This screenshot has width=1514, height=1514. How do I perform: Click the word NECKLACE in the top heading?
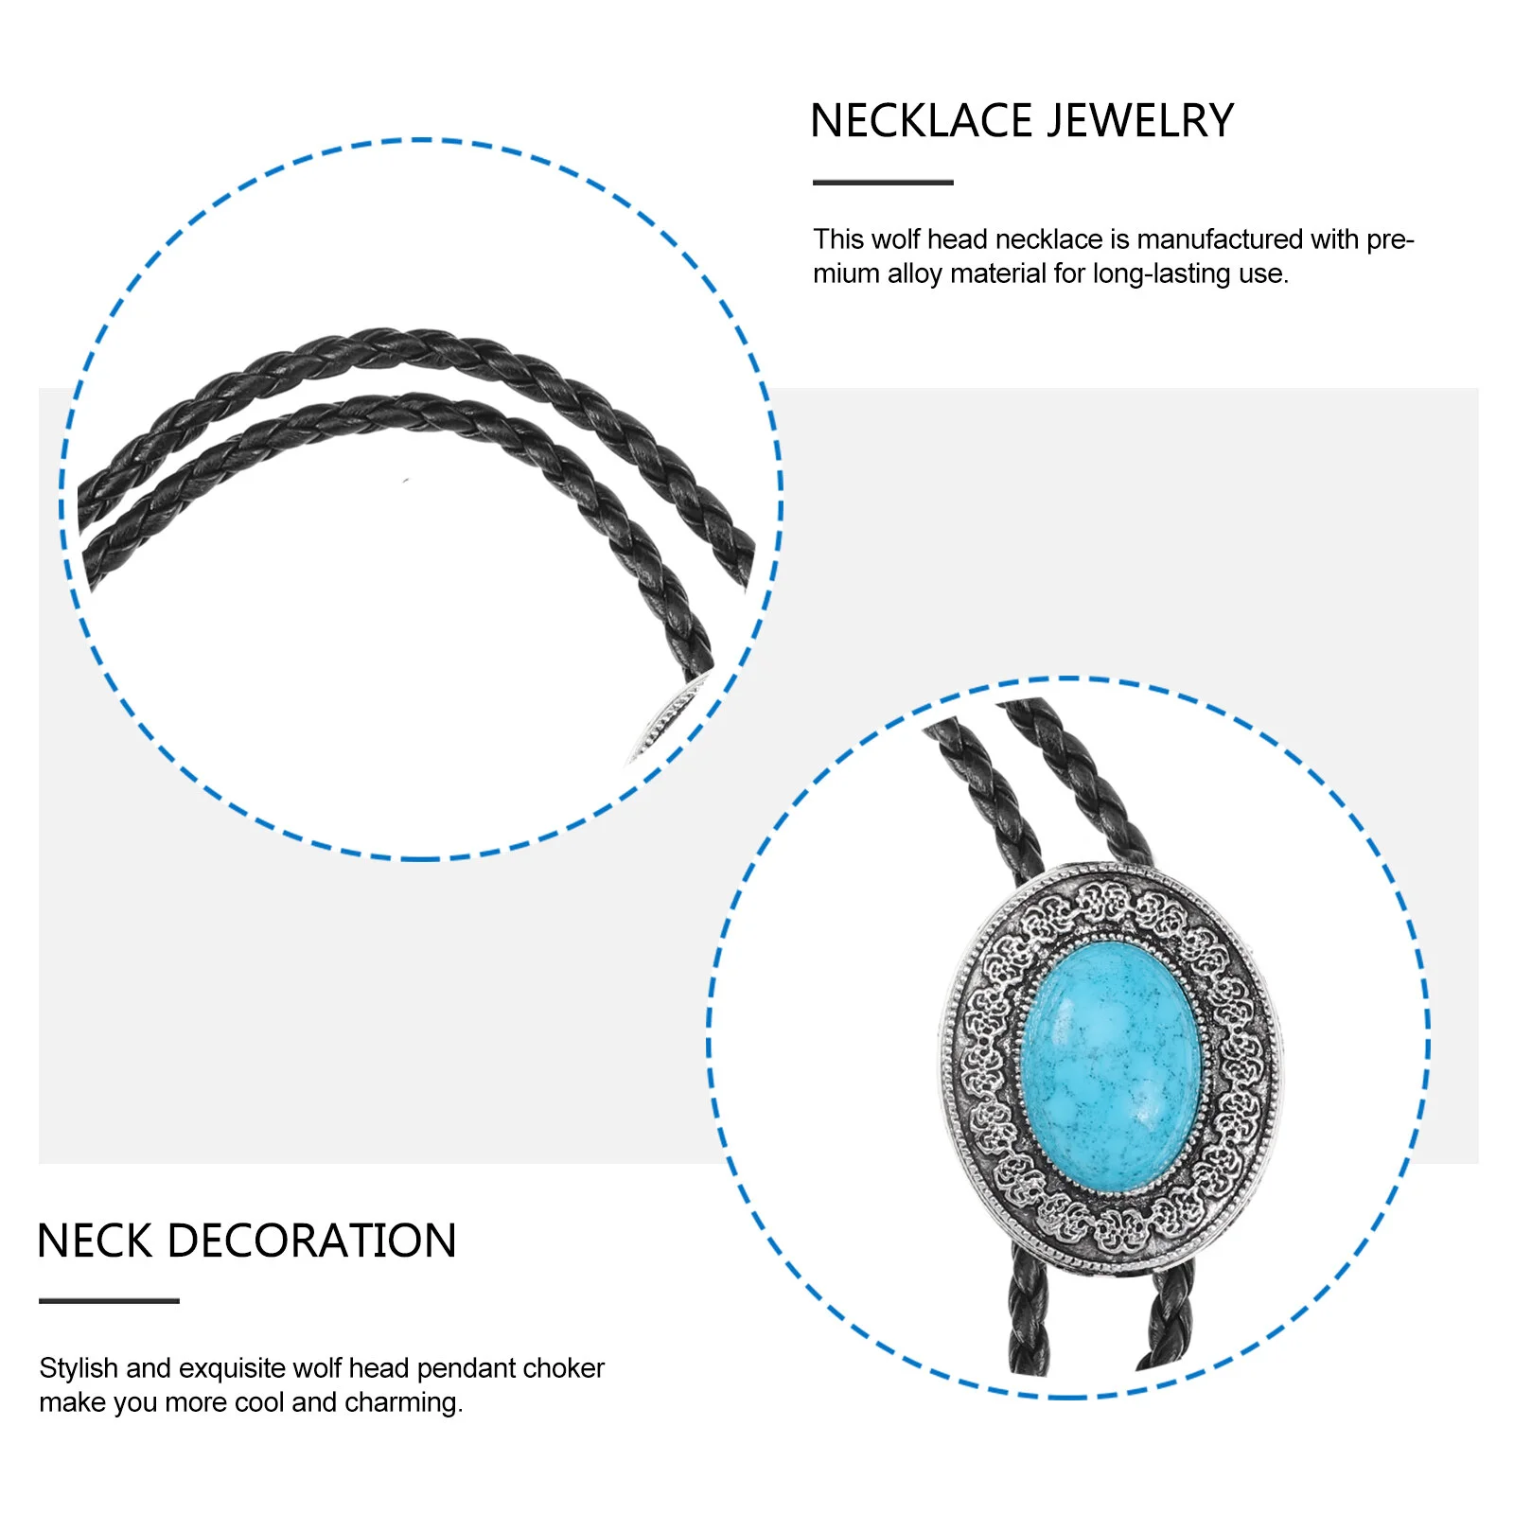[x=921, y=121]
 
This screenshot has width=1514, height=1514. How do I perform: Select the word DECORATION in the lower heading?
[x=311, y=1241]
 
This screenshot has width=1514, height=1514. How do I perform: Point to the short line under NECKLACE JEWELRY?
[x=882, y=183]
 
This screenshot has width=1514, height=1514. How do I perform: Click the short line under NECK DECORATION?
[x=109, y=1301]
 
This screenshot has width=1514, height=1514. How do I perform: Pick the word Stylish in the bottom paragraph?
[x=79, y=1368]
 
